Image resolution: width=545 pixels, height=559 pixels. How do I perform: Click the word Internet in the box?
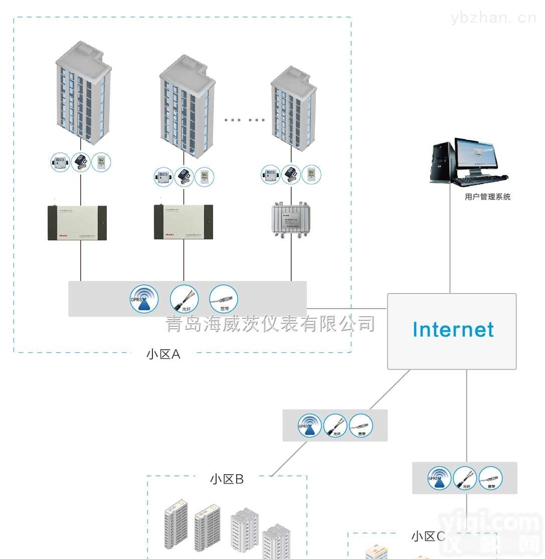click(x=453, y=330)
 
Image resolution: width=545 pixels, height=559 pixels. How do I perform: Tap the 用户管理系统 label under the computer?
click(x=487, y=197)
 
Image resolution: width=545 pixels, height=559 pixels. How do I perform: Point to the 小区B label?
click(x=227, y=479)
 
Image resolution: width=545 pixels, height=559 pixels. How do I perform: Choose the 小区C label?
click(x=428, y=536)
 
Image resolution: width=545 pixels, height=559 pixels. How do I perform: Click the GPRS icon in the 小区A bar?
click(x=144, y=299)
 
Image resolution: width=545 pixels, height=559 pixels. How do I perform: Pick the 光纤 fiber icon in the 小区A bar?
click(x=184, y=299)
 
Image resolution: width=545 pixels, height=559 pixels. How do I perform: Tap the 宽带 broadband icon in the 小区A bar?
click(x=223, y=299)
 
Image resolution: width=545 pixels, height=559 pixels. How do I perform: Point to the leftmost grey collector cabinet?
click(x=77, y=222)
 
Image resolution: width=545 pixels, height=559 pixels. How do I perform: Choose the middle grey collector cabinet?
click(x=183, y=222)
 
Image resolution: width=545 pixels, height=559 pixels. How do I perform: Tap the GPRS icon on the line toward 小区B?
click(x=309, y=426)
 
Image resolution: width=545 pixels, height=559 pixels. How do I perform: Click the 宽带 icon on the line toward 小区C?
click(x=490, y=478)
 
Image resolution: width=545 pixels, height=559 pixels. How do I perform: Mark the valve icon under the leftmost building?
click(x=80, y=162)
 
